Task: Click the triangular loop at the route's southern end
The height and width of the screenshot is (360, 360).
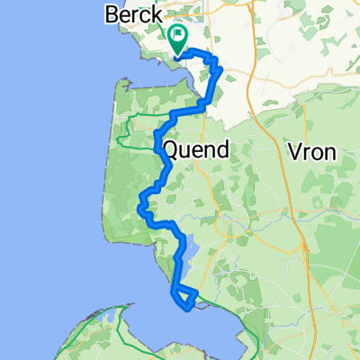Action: [x=184, y=296]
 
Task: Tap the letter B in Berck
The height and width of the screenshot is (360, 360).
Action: [x=111, y=15]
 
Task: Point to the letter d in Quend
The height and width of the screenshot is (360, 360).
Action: [x=222, y=149]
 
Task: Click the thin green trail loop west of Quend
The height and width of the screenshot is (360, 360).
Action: [x=135, y=131]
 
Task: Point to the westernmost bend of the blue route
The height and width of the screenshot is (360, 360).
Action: [x=138, y=209]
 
